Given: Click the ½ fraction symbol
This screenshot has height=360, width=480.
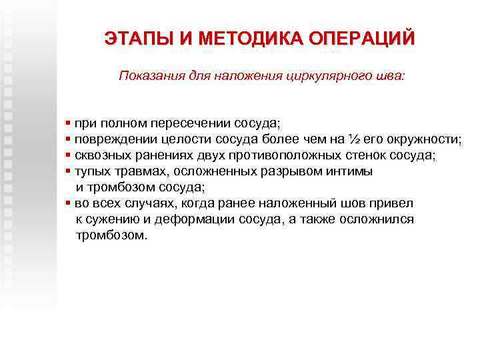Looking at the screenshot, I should click(354, 139).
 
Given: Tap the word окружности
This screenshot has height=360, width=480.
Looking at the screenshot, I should click(426, 139).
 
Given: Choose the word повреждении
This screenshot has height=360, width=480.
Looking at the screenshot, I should click(109, 139).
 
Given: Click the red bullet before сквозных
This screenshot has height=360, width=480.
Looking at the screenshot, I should click(69, 155).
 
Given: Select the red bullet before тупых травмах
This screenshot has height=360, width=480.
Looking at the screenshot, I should click(69, 171).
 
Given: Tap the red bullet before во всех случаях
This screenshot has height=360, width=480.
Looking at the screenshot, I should click(69, 203).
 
